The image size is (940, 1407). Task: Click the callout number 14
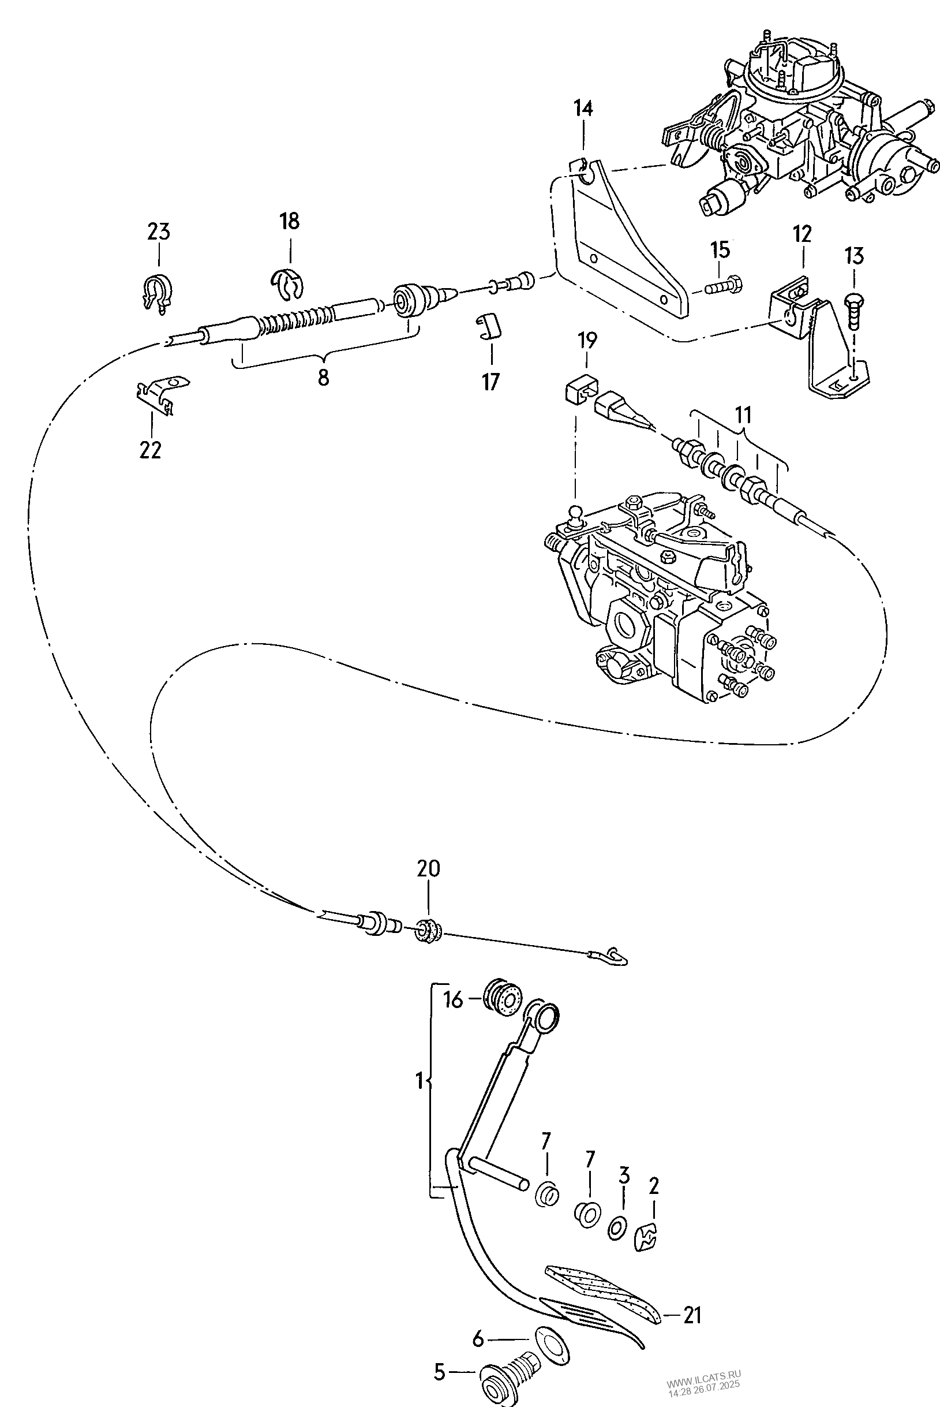(x=583, y=109)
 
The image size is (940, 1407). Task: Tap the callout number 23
(x=159, y=232)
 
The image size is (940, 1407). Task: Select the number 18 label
(x=290, y=221)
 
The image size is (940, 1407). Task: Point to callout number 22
(x=151, y=449)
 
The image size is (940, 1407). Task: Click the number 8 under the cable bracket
(x=323, y=378)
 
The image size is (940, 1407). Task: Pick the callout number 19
(x=587, y=341)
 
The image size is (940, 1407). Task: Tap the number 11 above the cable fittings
(x=743, y=415)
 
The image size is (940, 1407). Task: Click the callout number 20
(x=429, y=868)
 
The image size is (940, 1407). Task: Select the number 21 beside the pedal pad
(x=692, y=1315)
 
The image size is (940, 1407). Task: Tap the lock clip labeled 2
(x=646, y=1238)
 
